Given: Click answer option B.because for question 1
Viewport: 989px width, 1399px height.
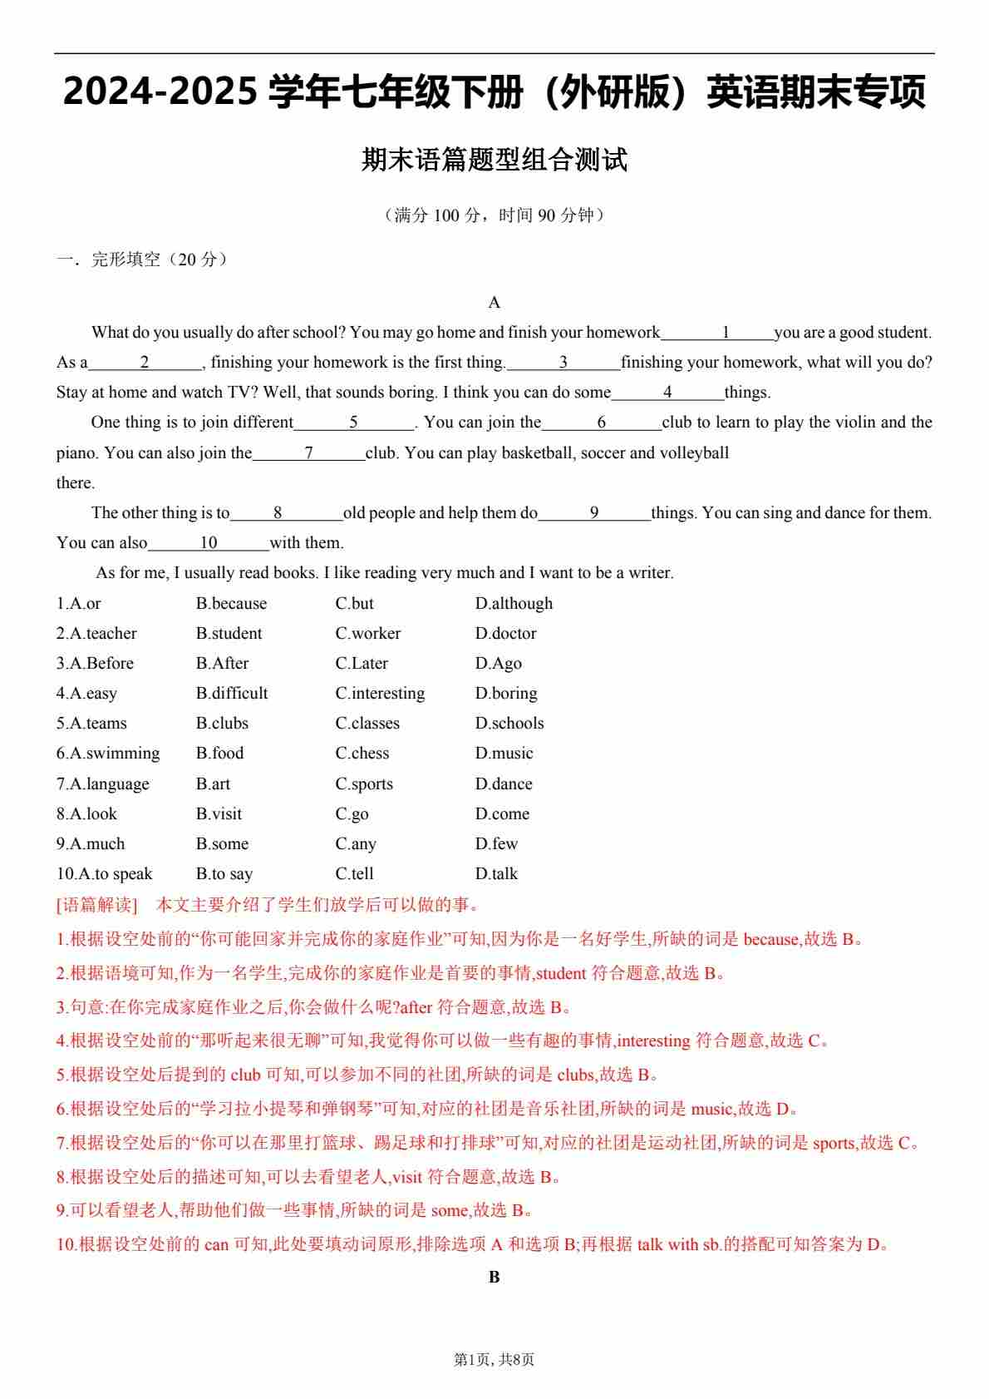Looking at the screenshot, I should click(231, 603).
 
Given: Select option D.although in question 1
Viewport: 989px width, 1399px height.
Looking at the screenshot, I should click(514, 603).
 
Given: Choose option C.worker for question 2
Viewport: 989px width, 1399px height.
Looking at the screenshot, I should click(367, 633).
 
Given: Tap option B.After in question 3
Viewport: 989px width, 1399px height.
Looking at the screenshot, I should click(222, 663).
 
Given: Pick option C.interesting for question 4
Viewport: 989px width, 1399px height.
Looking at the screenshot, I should click(380, 693).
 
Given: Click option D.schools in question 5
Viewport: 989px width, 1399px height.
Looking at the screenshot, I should click(509, 723).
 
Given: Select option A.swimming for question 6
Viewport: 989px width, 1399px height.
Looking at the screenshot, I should click(108, 753).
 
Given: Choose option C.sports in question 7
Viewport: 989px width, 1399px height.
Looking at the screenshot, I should click(364, 784).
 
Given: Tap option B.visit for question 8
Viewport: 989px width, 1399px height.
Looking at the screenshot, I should click(219, 813).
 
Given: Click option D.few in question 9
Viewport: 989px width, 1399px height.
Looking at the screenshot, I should click(496, 843).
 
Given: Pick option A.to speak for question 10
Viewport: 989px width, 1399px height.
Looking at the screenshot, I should click(105, 873).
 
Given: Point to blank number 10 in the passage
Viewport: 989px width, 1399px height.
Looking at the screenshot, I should click(208, 543).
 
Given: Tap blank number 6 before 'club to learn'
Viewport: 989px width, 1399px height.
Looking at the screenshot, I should click(601, 423).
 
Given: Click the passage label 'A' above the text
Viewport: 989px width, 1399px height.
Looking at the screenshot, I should click(494, 302).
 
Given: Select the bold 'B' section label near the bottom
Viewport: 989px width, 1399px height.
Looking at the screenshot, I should click(494, 1277).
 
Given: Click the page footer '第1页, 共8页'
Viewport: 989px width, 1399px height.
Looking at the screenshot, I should click(494, 1359).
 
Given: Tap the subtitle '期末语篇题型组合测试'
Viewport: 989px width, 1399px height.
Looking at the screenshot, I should click(494, 160).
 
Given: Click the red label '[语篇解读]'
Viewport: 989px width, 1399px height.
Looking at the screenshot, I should click(96, 904).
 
